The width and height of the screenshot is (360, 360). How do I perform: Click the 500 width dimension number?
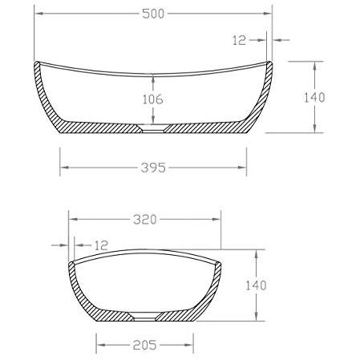click(153, 14)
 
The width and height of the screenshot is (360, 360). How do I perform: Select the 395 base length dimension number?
click(153, 168)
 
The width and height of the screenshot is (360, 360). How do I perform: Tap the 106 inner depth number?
click(153, 99)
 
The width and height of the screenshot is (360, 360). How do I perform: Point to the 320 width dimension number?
click(145, 220)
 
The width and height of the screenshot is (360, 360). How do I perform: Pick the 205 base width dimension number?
click(144, 345)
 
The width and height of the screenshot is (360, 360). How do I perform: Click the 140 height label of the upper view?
click(314, 97)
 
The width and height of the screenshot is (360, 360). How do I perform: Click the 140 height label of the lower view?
click(256, 285)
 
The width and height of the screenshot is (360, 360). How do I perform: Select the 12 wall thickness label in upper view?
click(239, 40)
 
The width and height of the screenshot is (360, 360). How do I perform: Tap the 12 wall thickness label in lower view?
click(101, 245)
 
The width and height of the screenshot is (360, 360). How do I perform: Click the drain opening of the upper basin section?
click(153, 128)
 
